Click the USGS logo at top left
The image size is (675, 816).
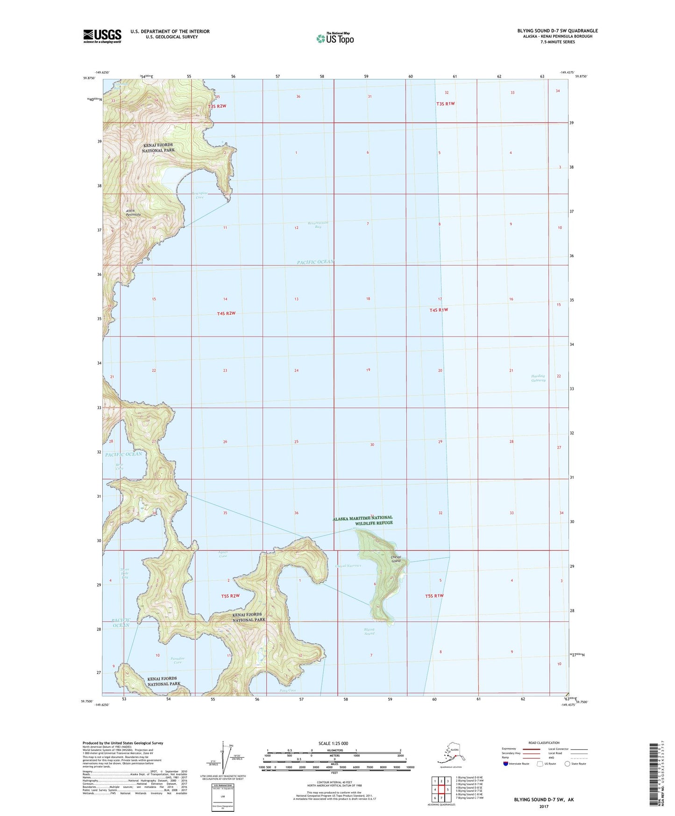pyautogui.click(x=102, y=36)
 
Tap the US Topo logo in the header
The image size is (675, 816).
pyautogui.click(x=334, y=38)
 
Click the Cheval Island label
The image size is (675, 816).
pyautogui.click(x=396, y=559)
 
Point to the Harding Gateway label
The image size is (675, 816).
pyautogui.click(x=538, y=378)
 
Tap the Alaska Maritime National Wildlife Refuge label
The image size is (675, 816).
pyautogui.click(x=362, y=520)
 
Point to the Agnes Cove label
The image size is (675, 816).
pyautogui.click(x=223, y=554)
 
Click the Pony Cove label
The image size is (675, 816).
pyautogui.click(x=288, y=690)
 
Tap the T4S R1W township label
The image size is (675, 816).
pyautogui.click(x=439, y=310)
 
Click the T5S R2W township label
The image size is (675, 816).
pyautogui.click(x=230, y=596)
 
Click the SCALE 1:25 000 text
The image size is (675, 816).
pyautogui.click(x=333, y=743)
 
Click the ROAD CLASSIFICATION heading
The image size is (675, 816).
pyautogui.click(x=544, y=743)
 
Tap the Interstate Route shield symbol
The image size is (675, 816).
pyautogui.click(x=506, y=764)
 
